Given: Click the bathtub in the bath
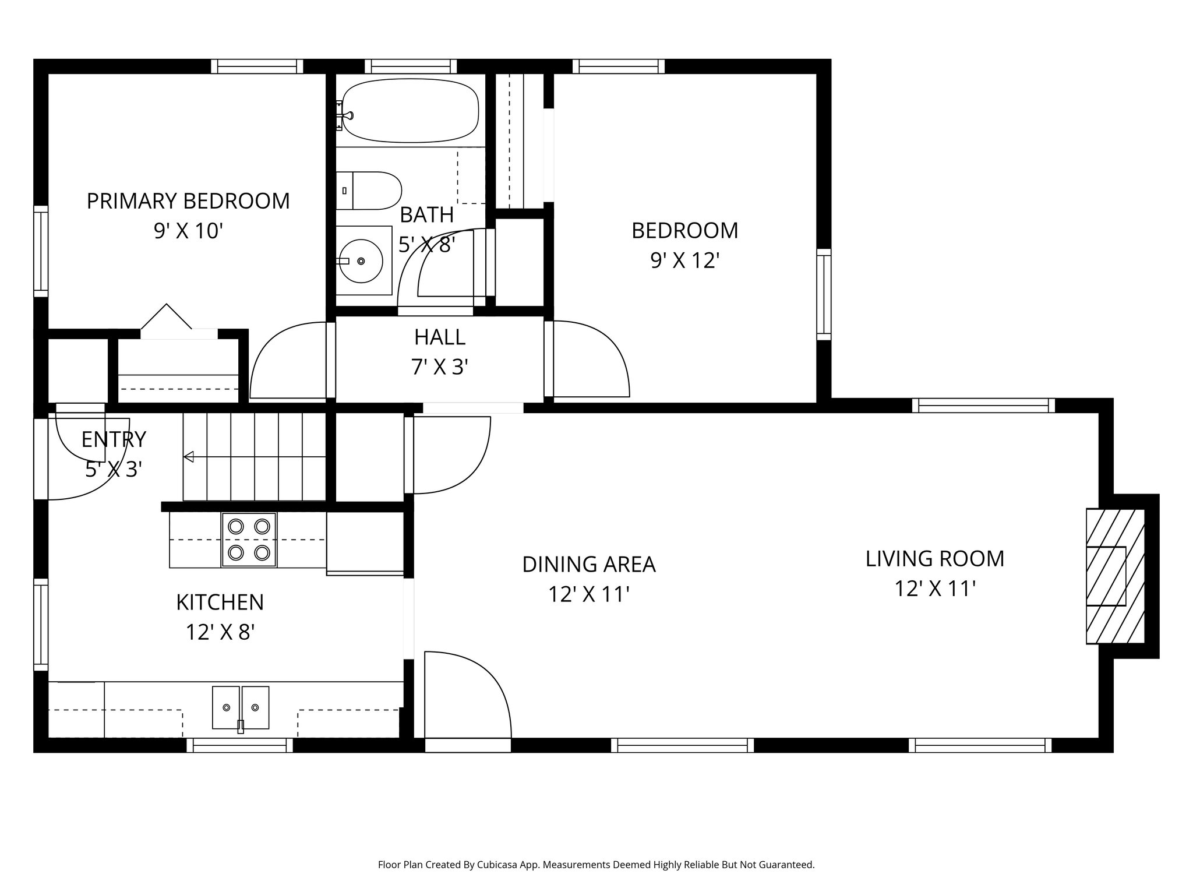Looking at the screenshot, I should pyautogui.click(x=410, y=111).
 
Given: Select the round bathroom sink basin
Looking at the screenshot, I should pyautogui.click(x=362, y=261).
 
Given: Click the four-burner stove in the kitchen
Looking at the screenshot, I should pyautogui.click(x=249, y=539).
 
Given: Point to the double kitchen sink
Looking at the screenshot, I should pyautogui.click(x=241, y=707).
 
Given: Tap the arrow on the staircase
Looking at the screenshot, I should pyautogui.click(x=189, y=457).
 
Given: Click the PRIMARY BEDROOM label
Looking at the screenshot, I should pyautogui.click(x=188, y=201).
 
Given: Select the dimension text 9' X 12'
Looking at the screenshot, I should pyautogui.click(x=685, y=260).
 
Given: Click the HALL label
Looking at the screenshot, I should pyautogui.click(x=440, y=337).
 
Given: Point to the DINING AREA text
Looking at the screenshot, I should pyautogui.click(x=588, y=565).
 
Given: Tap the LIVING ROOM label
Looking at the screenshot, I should pyautogui.click(x=934, y=559).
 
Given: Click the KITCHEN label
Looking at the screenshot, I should pyautogui.click(x=220, y=602).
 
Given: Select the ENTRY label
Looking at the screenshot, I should pyautogui.click(x=114, y=439).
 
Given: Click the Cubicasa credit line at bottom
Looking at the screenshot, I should pyautogui.click(x=596, y=865).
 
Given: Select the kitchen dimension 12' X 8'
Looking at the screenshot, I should pyautogui.click(x=220, y=632).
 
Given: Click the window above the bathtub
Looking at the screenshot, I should pyautogui.click(x=410, y=66).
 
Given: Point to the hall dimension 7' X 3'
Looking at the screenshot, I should pyautogui.click(x=440, y=367).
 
